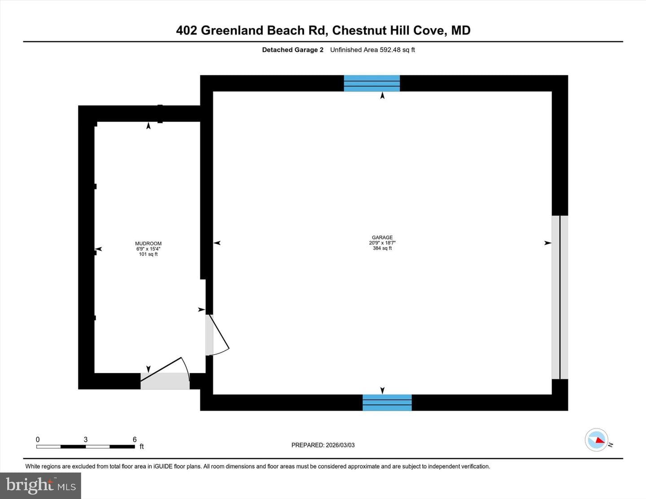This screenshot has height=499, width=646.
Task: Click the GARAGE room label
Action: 382,237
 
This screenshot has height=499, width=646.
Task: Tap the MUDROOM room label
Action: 148,243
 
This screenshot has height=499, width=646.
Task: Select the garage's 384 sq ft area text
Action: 382,248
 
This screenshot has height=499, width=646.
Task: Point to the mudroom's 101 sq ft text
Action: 148,254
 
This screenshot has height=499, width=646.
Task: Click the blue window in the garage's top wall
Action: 371,83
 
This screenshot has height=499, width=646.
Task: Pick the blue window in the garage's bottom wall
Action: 387,403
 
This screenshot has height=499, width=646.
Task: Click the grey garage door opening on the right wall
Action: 560,297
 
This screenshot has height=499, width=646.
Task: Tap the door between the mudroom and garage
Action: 217,335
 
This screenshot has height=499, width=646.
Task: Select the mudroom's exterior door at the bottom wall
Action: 165,373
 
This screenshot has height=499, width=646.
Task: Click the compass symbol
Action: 596,440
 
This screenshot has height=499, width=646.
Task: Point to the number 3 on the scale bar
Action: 86,439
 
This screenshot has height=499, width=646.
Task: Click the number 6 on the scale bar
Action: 135,439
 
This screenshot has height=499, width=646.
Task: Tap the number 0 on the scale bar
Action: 38,439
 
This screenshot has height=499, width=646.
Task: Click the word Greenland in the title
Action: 232,30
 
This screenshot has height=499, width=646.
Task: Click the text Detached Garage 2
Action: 292,50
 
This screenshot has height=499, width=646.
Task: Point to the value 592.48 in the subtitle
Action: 390,50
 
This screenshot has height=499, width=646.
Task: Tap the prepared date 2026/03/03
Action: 340,445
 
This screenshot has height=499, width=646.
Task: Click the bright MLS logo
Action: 40,486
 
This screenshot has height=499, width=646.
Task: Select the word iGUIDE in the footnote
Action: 163,466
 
